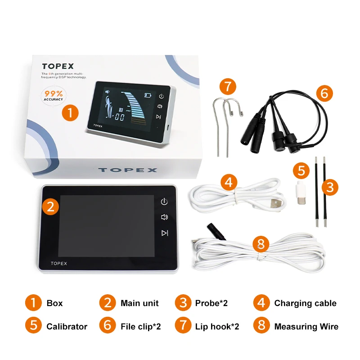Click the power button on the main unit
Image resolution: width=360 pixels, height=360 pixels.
[x=165, y=202]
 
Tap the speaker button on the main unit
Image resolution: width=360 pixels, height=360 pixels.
[x=165, y=217]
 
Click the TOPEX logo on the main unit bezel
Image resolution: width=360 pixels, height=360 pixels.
[x=58, y=263]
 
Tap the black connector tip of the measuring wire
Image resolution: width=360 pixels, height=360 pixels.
[x=211, y=227]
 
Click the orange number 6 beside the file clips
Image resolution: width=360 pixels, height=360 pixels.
[x=324, y=94]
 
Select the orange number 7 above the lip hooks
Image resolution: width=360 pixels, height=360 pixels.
[x=228, y=86]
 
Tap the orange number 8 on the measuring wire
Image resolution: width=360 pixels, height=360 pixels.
[x=261, y=244]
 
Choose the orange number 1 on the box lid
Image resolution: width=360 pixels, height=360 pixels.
[x=70, y=112]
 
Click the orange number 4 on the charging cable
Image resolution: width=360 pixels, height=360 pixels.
[x=229, y=183]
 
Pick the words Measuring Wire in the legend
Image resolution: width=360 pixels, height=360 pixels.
[x=306, y=326]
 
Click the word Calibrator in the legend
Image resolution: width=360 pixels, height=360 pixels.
[x=67, y=326]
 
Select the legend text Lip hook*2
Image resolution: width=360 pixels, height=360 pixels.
[x=217, y=326]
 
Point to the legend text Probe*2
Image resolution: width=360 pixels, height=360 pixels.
[x=211, y=303]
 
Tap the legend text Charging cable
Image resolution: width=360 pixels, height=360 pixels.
[x=305, y=303]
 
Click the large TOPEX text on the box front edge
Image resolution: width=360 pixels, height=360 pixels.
[x=127, y=170]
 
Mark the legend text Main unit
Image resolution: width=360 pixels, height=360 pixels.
[x=139, y=303]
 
